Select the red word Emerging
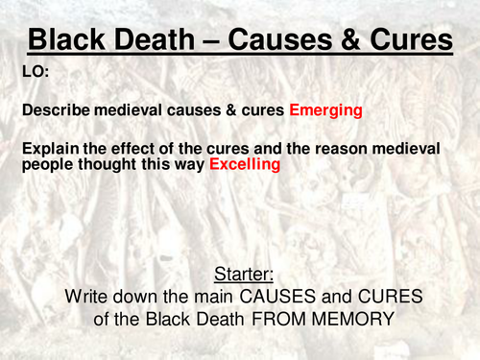click(325, 110)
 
